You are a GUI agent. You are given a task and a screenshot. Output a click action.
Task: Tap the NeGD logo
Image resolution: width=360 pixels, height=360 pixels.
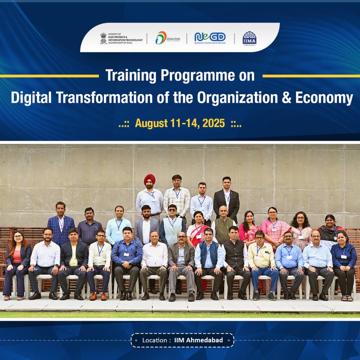point(210,37)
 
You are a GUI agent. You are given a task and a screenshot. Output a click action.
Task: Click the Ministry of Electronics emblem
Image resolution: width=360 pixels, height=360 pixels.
point(104,38)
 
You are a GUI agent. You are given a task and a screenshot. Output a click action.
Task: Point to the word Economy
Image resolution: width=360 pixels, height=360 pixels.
point(324,98)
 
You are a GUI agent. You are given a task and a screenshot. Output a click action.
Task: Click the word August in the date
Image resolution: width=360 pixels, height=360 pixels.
point(151,123)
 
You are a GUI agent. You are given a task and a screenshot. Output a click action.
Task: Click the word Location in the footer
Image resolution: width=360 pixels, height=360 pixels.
point(154,340)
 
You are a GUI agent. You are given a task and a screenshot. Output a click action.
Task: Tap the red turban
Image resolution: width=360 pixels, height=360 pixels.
point(149,179)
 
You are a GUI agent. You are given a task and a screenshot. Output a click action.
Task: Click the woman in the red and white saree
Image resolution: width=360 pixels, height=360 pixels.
point(197,230)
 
